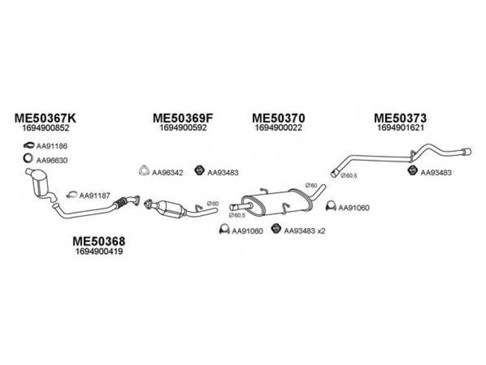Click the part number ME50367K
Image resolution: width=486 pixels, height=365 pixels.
point(45,118)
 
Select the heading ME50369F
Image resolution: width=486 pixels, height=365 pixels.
point(183,118)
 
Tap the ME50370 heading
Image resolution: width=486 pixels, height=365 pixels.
point(278,118)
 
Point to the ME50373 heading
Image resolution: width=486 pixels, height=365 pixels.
point(400,118)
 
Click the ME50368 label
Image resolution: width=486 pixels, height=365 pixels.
point(99,241)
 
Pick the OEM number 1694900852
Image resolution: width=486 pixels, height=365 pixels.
point(46,128)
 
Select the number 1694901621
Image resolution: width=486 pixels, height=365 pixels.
point(400,128)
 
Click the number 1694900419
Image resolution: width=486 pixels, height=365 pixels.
point(99,251)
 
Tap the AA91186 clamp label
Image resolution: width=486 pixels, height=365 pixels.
point(52,146)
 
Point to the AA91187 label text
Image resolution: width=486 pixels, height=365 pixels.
point(95,195)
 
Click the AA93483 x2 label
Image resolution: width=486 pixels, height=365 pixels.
point(305,231)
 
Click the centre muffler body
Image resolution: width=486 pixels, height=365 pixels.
point(277,203)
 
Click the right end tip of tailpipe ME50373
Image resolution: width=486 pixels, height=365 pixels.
point(470,151)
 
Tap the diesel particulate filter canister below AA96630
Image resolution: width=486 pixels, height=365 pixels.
point(39,183)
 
